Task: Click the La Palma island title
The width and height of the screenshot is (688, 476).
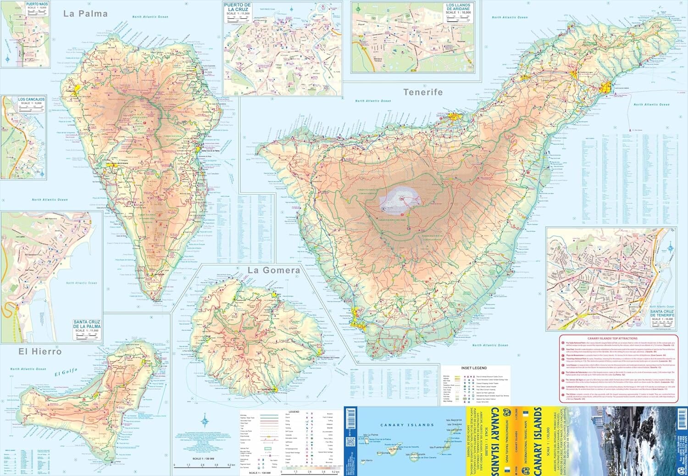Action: [x=85, y=14]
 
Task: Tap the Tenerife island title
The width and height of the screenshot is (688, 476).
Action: [x=423, y=92]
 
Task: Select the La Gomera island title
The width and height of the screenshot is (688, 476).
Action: [x=274, y=270]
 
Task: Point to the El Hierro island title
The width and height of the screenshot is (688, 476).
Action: [x=40, y=352]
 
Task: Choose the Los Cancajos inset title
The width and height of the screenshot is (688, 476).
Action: [x=32, y=100]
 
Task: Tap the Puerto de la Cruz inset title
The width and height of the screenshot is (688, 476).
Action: [x=237, y=7]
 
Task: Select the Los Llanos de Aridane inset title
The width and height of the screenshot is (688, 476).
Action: [x=458, y=7]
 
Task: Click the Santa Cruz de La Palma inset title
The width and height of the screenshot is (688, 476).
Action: [x=87, y=325]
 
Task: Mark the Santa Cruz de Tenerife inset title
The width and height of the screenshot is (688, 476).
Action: [x=662, y=314]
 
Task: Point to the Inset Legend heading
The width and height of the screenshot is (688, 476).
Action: [x=474, y=368]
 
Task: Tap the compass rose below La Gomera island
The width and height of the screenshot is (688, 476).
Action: [x=205, y=420]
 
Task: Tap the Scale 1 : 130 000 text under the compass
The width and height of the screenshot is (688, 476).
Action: [x=203, y=459]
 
